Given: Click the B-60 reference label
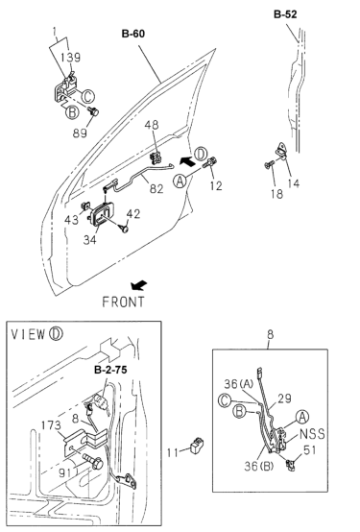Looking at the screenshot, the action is [133, 34].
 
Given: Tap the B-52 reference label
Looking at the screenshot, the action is [285, 14].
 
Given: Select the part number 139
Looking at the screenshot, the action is [71, 58].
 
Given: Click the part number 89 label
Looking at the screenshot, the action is [80, 133].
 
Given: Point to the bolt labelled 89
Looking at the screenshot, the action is [92, 110].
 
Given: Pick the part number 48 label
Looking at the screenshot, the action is [152, 125].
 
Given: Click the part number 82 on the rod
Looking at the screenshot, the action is [156, 188].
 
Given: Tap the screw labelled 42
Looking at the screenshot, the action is [124, 228].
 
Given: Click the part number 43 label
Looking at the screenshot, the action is [72, 220].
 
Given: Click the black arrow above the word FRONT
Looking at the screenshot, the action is [139, 285].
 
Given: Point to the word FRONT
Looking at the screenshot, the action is [123, 302].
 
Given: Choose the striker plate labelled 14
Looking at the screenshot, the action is [281, 151].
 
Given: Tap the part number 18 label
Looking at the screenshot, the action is [276, 194].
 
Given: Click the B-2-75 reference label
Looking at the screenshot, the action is [110, 370].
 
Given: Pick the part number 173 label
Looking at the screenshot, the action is [51, 425].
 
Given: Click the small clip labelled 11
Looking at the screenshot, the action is [197, 446].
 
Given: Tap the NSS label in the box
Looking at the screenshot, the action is [312, 434].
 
